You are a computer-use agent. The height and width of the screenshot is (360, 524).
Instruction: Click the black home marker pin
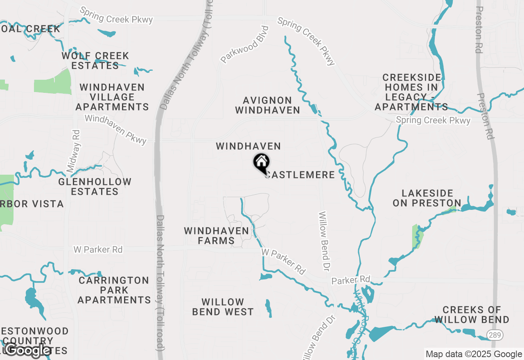pyautogui.click(x=261, y=163)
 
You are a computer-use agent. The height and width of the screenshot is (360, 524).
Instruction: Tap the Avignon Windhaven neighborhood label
pyautogui.click(x=267, y=105)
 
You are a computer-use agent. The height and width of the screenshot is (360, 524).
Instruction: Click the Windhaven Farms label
pyautogui.click(x=216, y=236)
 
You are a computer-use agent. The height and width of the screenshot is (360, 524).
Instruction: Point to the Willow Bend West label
pyautogui.click(x=223, y=307)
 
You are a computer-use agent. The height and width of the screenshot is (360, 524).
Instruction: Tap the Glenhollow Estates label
pyautogui.click(x=95, y=187)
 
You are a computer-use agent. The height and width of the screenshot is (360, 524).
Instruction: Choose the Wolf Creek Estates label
pyautogui.click(x=95, y=61)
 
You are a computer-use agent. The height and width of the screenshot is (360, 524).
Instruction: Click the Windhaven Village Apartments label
pyautogui.click(x=112, y=97)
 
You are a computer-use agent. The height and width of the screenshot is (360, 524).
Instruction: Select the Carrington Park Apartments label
pyautogui.click(x=114, y=290)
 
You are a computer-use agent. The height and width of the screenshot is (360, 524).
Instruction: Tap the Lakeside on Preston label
pyautogui.click(x=427, y=198)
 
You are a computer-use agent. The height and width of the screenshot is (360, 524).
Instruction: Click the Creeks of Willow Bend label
pyautogui.click(x=472, y=315)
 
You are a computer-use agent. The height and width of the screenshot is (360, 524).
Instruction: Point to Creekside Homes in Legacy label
pyautogui.click(x=411, y=92)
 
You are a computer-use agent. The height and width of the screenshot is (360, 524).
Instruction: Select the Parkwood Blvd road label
pyautogui.click(x=245, y=45)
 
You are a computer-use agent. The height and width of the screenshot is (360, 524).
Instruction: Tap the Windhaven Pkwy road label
pyautogui.click(x=115, y=129)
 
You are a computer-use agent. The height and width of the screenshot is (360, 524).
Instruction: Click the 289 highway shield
pyautogui.click(x=495, y=335)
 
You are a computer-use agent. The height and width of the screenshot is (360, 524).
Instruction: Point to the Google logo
pyautogui.click(x=28, y=350)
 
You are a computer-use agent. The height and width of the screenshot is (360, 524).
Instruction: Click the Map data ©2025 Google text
pyautogui.click(x=474, y=354)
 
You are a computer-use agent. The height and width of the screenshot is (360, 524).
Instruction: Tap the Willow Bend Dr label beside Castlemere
pyautogui.click(x=326, y=241)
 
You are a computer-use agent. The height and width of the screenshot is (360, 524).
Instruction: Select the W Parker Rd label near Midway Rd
pyautogui.click(x=98, y=249)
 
